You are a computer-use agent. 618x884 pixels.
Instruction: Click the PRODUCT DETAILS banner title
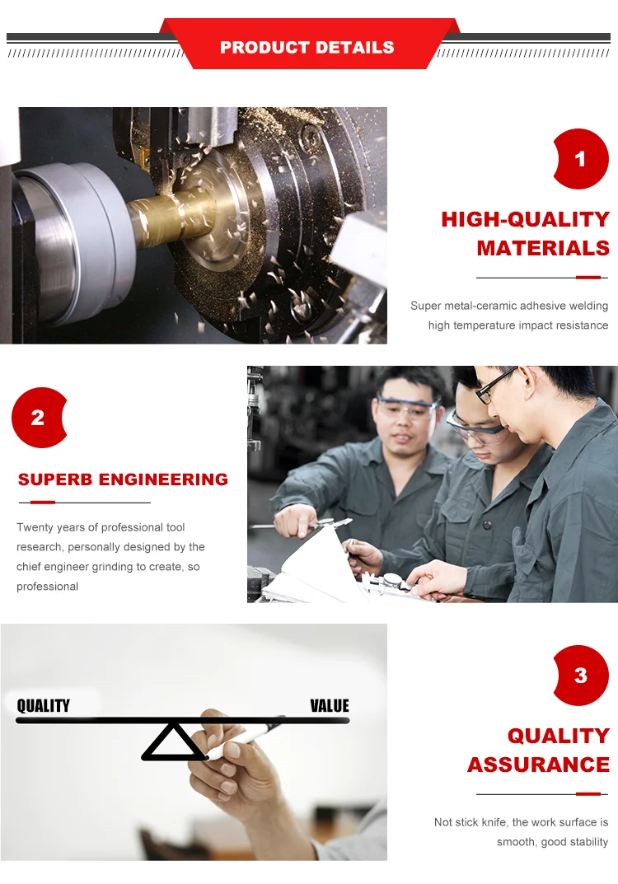click(307, 48)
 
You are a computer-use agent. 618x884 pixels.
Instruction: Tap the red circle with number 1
click(580, 159)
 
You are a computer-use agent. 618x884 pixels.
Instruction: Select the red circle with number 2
click(38, 418)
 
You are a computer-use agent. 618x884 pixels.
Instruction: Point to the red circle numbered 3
click(580, 676)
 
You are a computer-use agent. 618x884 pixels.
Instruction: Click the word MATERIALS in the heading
click(543, 248)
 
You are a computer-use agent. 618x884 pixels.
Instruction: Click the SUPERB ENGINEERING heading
click(123, 479)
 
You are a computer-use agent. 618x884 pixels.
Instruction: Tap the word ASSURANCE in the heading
click(538, 765)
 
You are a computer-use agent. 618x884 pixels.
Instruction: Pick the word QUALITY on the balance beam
click(44, 705)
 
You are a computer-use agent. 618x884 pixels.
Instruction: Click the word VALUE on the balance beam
click(330, 706)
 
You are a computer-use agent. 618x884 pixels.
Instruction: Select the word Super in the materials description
click(426, 306)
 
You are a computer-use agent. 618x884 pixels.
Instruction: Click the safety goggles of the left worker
click(405, 406)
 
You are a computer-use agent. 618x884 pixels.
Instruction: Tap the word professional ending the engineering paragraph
click(48, 587)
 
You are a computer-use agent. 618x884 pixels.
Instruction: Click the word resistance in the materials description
click(582, 325)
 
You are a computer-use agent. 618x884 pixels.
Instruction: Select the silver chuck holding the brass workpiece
click(66, 239)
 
